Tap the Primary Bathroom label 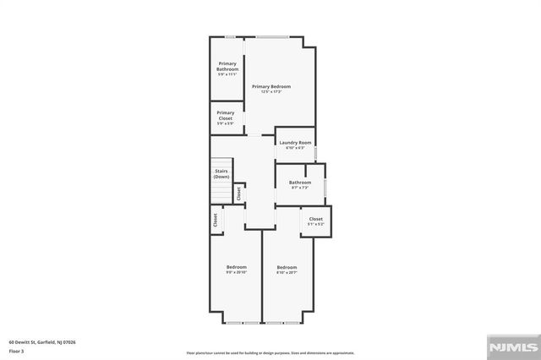[227, 66]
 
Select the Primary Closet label [226, 115]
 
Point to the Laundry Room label [295, 143]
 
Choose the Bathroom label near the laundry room [300, 182]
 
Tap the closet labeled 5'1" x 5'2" [315, 219]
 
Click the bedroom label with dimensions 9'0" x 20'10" [236, 267]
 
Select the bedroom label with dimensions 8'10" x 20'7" [287, 267]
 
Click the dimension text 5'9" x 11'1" [227, 74]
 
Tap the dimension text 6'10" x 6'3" [295, 148]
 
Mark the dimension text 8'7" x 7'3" [300, 187]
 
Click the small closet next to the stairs [239, 193]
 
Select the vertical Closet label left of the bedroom [216, 220]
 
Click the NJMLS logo [510, 347]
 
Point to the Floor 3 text [17, 351]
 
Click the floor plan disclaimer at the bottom [270, 352]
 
